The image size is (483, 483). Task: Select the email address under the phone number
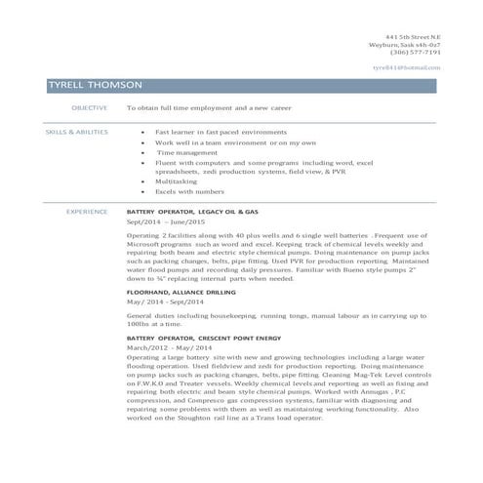pos(407,67)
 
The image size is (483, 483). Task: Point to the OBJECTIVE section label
pos(89,108)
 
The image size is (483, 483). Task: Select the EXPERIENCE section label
pos(86,211)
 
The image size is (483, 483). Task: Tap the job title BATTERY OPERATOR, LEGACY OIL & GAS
pos(192,211)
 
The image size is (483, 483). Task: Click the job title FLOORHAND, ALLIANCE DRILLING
pos(184,292)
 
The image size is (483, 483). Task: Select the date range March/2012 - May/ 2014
pos(169,347)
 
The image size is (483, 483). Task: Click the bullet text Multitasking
pos(178,181)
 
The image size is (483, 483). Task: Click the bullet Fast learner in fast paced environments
pos(223,131)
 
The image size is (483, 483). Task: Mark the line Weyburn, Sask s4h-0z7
pos(412,44)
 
